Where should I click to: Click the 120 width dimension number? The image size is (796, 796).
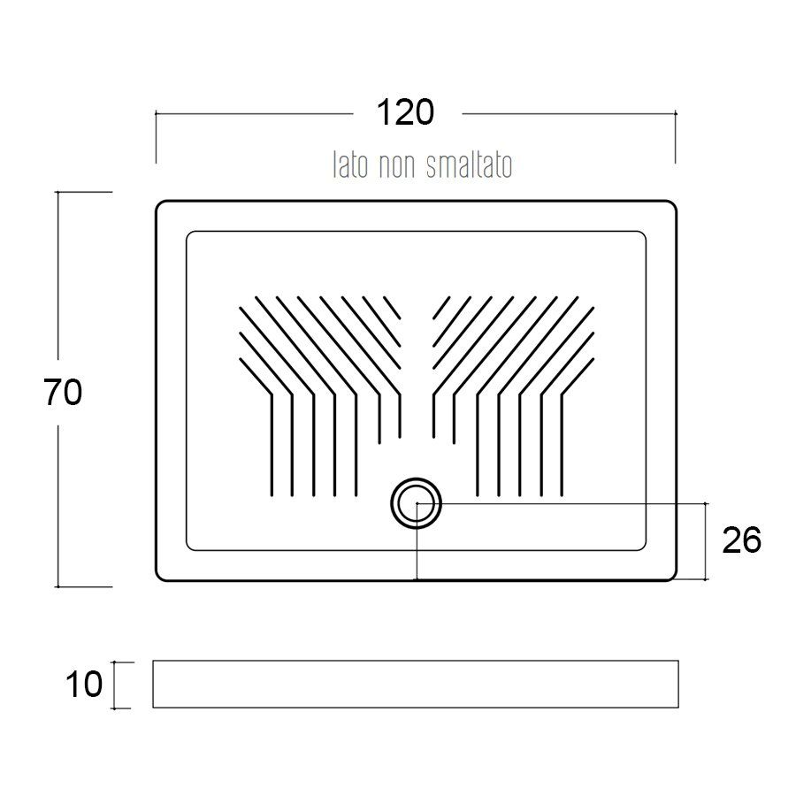406,112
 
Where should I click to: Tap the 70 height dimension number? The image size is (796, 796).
63,393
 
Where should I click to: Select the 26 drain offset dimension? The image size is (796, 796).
742,540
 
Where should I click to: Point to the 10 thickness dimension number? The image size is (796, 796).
84,684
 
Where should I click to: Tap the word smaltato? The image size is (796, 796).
469,165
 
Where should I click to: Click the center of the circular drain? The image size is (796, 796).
417,503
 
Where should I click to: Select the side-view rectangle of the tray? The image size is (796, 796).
416,684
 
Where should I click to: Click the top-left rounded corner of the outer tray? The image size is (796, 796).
159,204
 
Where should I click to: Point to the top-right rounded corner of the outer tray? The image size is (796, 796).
673,204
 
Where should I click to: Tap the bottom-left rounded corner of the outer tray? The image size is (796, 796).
159,577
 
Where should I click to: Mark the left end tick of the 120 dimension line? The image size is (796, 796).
156,114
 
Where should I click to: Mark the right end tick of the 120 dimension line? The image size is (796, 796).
675,114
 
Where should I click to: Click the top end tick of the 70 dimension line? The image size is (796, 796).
57,192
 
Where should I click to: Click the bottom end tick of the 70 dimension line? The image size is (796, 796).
57,587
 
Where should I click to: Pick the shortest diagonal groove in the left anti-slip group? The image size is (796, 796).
392,308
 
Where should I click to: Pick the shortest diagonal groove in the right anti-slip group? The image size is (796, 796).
441,308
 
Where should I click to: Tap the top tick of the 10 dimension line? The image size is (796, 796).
115,662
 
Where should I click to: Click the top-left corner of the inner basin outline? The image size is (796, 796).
189,234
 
